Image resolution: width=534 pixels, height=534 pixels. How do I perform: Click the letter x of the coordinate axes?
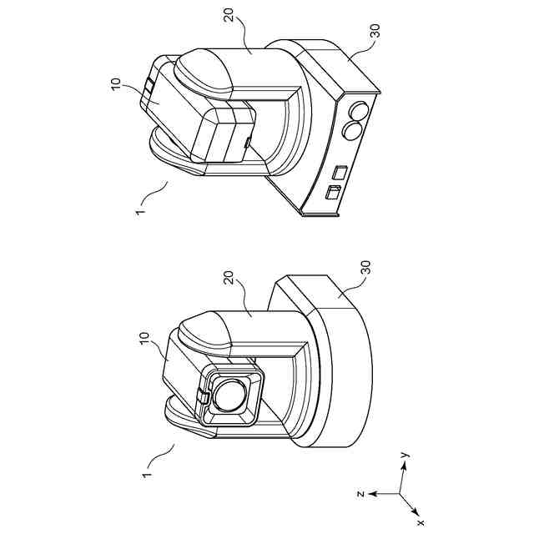click(x=420, y=521)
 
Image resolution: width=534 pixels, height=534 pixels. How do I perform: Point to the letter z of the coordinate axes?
click(x=359, y=493)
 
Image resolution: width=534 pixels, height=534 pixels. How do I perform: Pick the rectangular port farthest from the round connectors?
click(x=333, y=193)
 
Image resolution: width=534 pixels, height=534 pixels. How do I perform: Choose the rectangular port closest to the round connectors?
click(x=340, y=173)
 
